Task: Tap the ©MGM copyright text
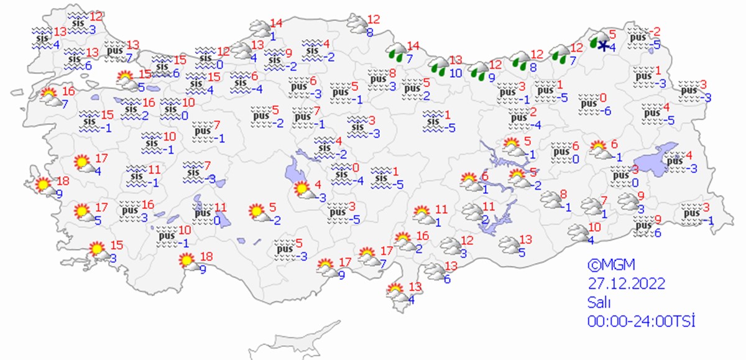click(612, 265)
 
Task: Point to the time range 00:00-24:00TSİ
click(641, 321)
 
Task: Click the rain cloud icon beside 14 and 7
click(395, 53)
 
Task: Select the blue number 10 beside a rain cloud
click(455, 72)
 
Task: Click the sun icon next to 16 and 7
click(50, 96)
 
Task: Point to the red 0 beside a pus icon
click(602, 98)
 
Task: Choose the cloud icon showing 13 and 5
click(509, 245)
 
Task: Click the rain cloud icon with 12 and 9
click(478, 72)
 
